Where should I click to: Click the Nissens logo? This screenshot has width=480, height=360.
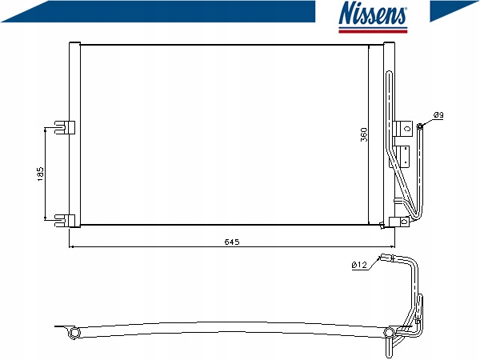373,17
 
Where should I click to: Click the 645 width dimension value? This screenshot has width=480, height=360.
232,242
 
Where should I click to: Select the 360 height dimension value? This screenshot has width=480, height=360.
364,134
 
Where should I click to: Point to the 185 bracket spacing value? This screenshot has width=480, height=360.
41,174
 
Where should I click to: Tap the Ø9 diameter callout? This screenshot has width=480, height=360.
438,115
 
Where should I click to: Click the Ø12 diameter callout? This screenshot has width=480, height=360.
359,265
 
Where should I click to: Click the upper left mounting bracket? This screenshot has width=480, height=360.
65,127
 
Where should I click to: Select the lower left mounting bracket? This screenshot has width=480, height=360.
65,221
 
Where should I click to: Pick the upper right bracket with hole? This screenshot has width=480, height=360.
403,128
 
